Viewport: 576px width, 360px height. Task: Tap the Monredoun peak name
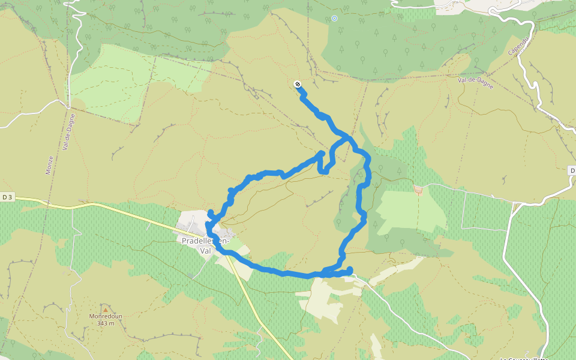pos(105,316)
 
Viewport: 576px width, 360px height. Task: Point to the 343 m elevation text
pos(105,323)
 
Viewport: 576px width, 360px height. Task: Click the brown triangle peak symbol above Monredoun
pos(106,309)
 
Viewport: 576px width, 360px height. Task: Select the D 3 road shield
pos(7,197)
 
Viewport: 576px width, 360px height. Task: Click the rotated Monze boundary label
pos(49,165)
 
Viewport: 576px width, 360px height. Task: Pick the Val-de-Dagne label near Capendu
pos(475,83)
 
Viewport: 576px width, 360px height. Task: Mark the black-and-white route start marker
pos(298,85)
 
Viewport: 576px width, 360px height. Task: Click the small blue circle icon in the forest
pos(334,19)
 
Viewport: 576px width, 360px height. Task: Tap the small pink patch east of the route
pos(418,190)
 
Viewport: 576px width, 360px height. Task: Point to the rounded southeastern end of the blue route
pos(349,269)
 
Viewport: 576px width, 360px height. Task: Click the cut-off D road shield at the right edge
pos(571,171)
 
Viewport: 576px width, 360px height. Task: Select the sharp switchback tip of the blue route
pos(322,154)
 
